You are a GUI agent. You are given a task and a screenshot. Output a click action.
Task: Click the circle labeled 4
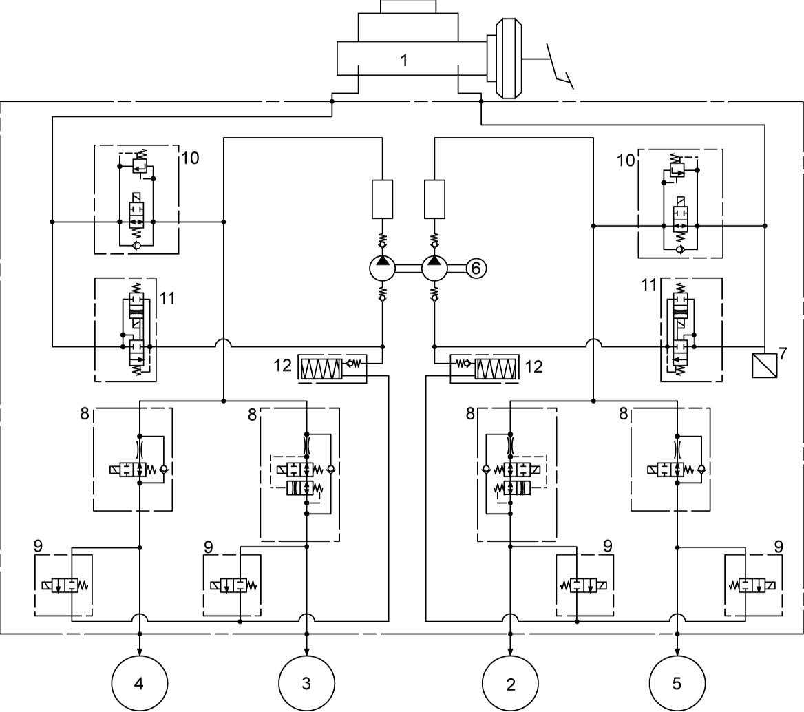click(x=140, y=683)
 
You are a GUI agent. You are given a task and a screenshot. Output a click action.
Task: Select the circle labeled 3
click(x=306, y=683)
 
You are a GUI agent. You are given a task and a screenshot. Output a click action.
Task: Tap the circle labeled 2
click(x=510, y=683)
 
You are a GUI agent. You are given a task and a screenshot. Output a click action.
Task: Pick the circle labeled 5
click(x=677, y=683)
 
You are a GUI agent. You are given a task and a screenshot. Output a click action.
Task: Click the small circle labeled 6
click(x=476, y=269)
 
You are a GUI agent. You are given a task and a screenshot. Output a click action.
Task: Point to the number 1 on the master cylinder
click(x=404, y=60)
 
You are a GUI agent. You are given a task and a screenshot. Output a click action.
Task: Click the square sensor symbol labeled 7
click(x=765, y=365)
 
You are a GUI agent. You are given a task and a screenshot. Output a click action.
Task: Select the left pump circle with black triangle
click(x=383, y=268)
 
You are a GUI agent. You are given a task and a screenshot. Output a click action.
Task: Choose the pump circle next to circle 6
click(x=435, y=268)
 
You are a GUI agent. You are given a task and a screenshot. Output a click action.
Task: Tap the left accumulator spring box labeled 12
click(x=321, y=368)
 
